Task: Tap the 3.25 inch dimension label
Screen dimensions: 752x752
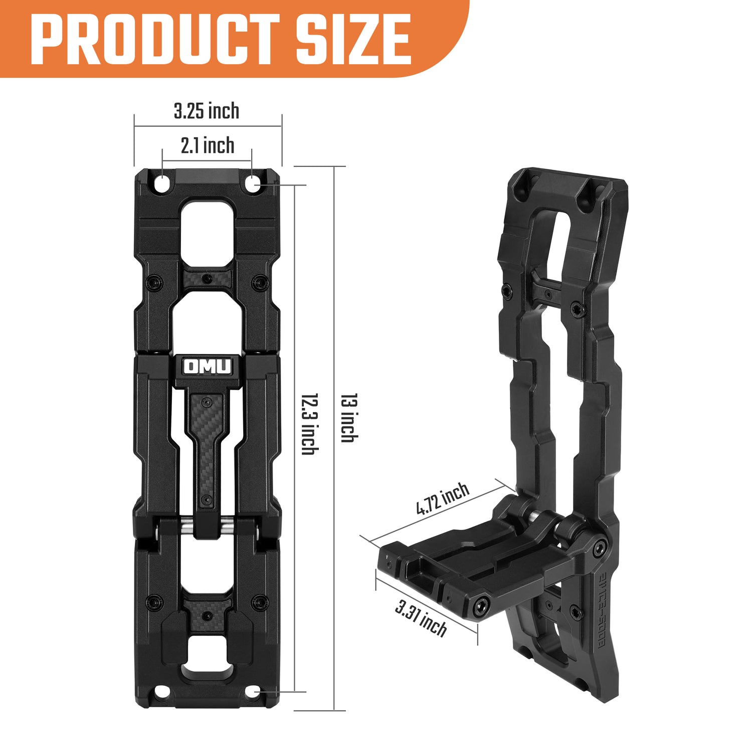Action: [x=207, y=111]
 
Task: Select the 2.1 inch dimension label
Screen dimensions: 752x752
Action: [x=208, y=145]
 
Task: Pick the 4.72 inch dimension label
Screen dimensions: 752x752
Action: [x=442, y=499]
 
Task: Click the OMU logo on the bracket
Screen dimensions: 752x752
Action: [x=208, y=366]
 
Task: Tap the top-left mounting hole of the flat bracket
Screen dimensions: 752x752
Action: [x=162, y=184]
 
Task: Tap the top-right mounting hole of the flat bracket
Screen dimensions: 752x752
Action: [x=253, y=184]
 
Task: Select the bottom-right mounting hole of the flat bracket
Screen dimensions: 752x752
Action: [x=253, y=692]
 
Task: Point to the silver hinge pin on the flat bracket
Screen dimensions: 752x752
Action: [x=208, y=527]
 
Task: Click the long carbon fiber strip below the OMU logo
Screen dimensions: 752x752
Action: [x=208, y=451]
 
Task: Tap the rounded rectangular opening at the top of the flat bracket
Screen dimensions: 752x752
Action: [x=208, y=228]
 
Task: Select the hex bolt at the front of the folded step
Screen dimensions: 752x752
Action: [x=482, y=607]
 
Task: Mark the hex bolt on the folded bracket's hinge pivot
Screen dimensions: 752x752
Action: [x=599, y=549]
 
